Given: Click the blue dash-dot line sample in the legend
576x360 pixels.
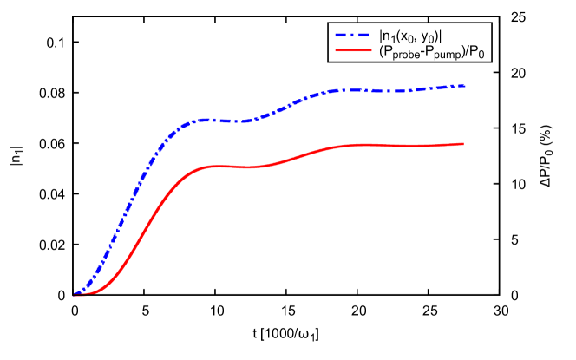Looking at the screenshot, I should tap(352, 36).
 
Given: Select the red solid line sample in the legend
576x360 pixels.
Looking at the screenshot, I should tap(353, 50).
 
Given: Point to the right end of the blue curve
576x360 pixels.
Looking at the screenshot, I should tap(466, 86).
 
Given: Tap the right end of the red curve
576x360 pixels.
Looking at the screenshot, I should tap(463, 144).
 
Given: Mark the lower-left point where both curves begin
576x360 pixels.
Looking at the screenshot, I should tap(75, 295).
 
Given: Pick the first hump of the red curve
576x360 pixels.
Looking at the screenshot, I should tap(215, 166).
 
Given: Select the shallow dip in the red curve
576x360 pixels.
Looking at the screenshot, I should tap(249, 167).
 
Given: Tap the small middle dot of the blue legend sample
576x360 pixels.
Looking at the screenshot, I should tap(352, 36).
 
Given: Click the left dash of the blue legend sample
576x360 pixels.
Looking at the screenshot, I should tap(341, 36).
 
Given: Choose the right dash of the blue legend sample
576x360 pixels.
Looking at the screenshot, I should tap(363, 36).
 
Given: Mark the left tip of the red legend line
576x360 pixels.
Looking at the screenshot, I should tap(336, 50).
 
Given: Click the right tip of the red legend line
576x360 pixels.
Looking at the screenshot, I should tap(371, 50).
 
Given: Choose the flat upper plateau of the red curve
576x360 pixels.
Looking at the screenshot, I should tap(399, 145).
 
